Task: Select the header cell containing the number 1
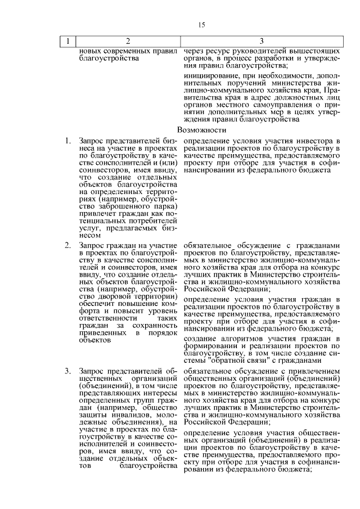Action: click(68, 41)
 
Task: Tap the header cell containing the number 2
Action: click(128, 41)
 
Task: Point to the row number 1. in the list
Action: click(67, 140)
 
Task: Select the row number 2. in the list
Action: click(67, 246)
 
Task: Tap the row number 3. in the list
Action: click(67, 371)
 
